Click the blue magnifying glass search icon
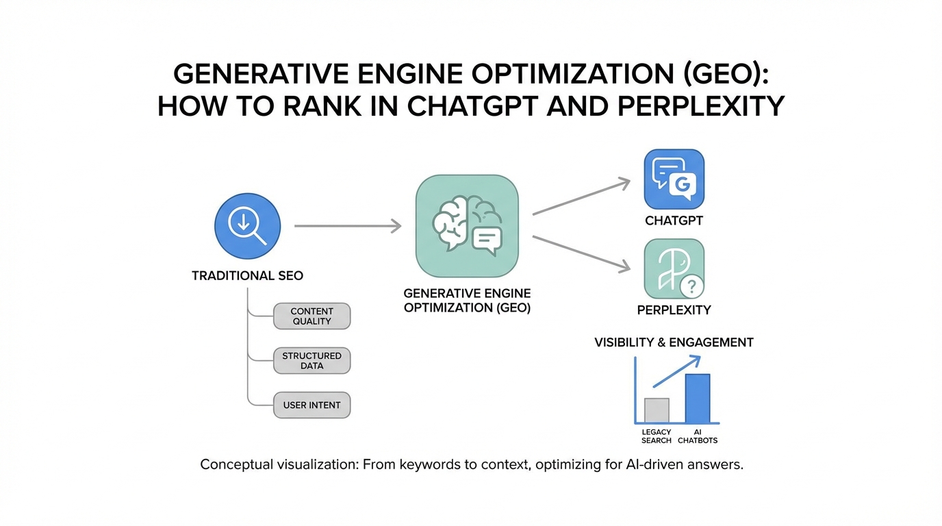click(x=247, y=226)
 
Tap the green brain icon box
click(x=467, y=225)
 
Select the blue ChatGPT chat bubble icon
click(x=674, y=179)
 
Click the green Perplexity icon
click(x=674, y=268)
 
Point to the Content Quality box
click(x=311, y=316)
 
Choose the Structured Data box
click(x=311, y=361)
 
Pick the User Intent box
click(x=311, y=405)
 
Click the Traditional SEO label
click(x=247, y=276)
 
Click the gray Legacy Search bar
click(x=657, y=410)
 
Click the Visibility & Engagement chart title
click(x=674, y=342)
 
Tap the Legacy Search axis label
click(x=657, y=436)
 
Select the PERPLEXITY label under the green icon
click(x=674, y=310)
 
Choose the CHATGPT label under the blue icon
click(x=674, y=221)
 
